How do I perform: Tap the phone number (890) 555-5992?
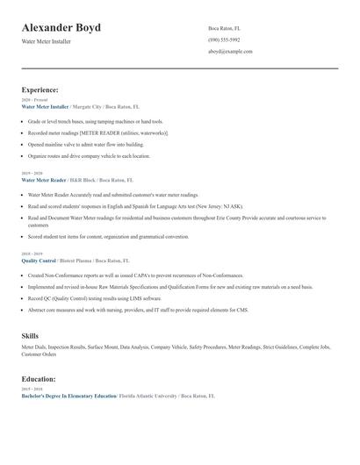tap(224, 40)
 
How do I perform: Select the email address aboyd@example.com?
tap(230, 52)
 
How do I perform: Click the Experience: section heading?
tap(40, 89)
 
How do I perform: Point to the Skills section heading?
tap(30, 336)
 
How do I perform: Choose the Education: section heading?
tap(39, 379)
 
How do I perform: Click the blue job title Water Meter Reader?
tap(44, 180)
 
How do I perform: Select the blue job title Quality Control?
tap(38, 261)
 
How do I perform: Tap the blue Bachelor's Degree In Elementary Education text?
tap(68, 396)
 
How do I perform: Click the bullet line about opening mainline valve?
tap(85, 144)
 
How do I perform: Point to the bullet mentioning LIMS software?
tap(93, 298)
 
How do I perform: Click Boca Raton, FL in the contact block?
tap(224, 29)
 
